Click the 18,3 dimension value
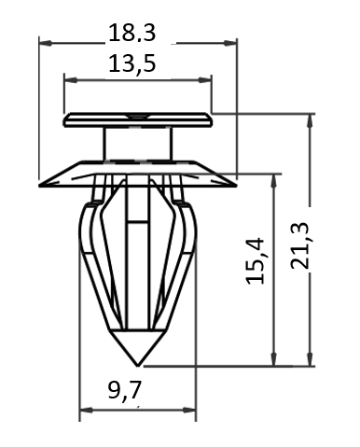pyautogui.click(x=132, y=34)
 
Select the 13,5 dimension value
pyautogui.click(x=132, y=63)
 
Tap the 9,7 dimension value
pyautogui.click(x=124, y=390)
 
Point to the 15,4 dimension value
pyautogui.click(x=256, y=260)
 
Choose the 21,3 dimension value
pyautogui.click(x=299, y=245)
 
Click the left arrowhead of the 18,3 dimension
pyautogui.click(x=45, y=43)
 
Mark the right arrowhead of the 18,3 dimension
pyautogui.click(x=230, y=43)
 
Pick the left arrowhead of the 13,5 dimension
pyautogui.click(x=70, y=80)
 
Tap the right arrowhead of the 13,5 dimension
pyautogui.click(x=205, y=80)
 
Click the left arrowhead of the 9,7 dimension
pyautogui.click(x=86, y=411)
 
